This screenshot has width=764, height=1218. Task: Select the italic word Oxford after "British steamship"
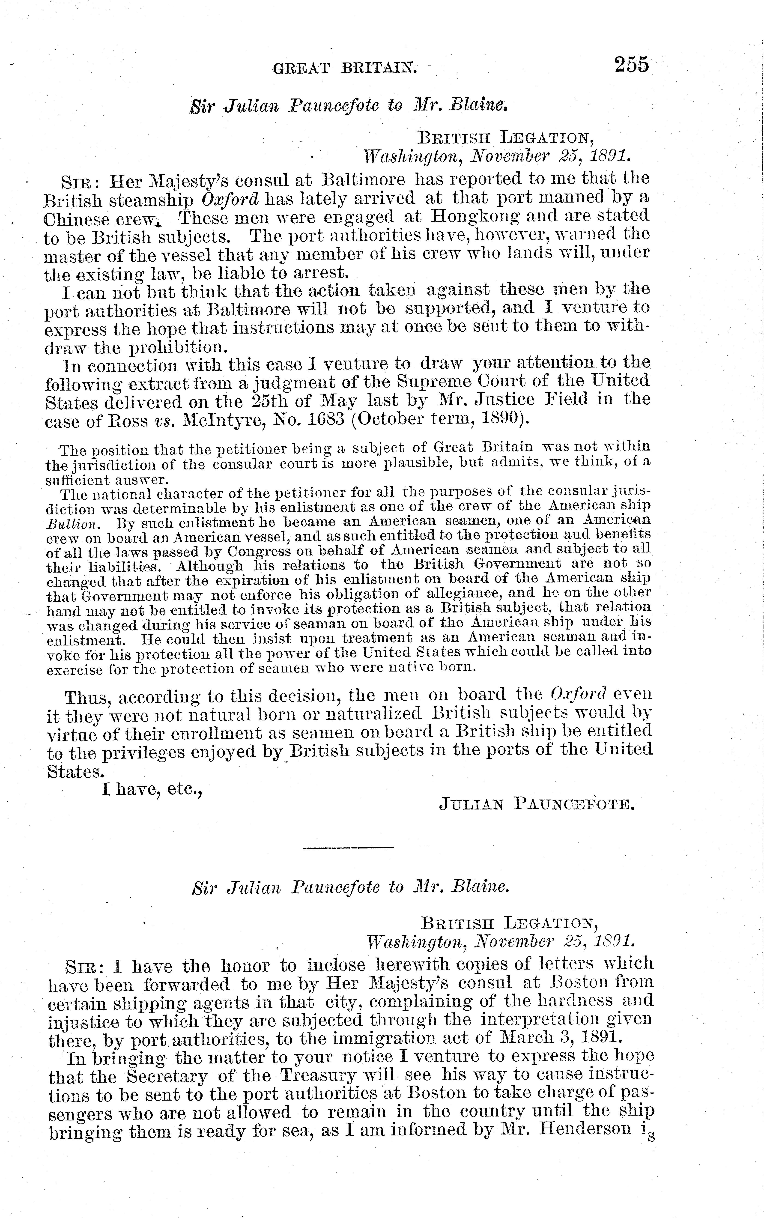[x=230, y=199]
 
